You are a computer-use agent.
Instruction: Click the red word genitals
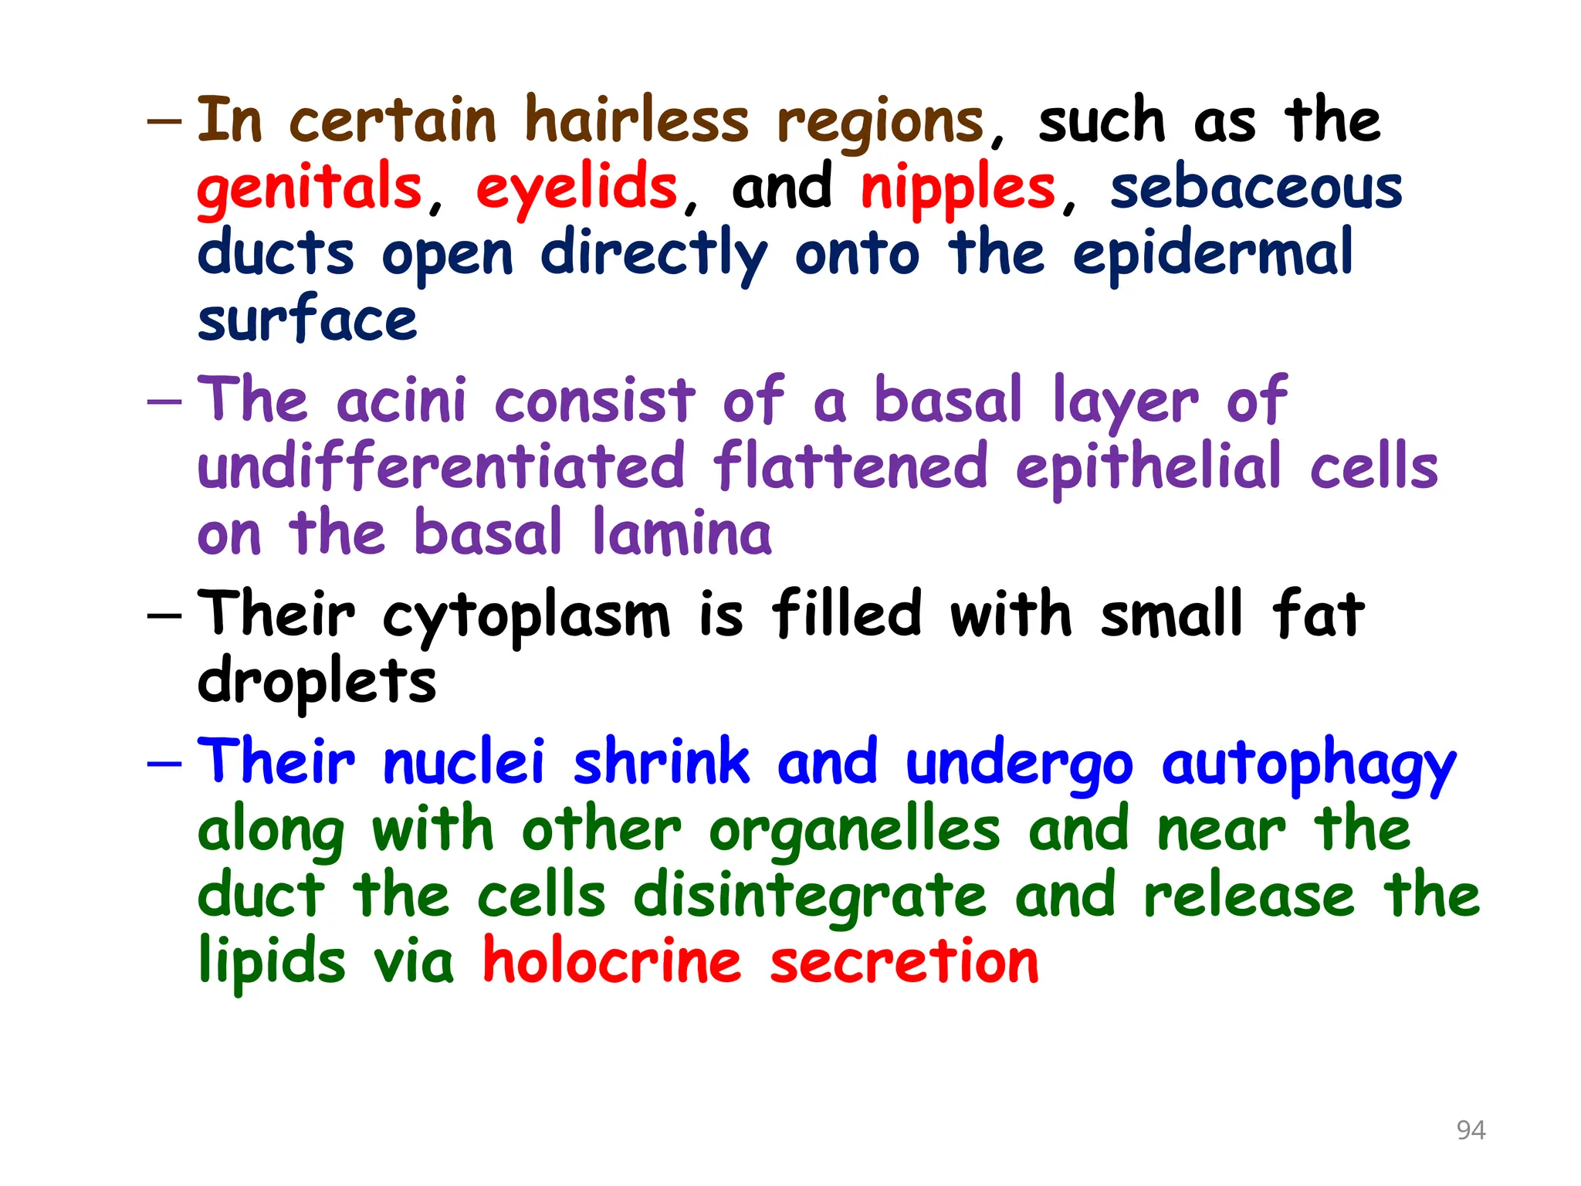click(309, 188)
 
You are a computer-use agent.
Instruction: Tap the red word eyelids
click(576, 188)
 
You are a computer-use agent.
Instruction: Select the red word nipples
click(958, 188)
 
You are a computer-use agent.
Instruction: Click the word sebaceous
click(1256, 188)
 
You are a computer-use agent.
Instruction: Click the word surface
click(307, 320)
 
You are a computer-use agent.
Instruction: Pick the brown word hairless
click(637, 121)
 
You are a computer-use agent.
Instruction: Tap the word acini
click(401, 401)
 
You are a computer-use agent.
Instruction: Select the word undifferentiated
click(441, 466)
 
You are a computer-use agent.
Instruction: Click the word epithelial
click(1148, 468)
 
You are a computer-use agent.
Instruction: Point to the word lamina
click(682, 534)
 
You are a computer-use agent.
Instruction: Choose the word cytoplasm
click(526, 616)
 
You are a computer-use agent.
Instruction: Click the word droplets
click(317, 682)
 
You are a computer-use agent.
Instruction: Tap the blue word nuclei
click(464, 762)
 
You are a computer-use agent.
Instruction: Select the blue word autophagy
click(1308, 764)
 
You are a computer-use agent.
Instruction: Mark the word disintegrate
click(810, 896)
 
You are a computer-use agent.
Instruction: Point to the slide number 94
click(1471, 1130)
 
